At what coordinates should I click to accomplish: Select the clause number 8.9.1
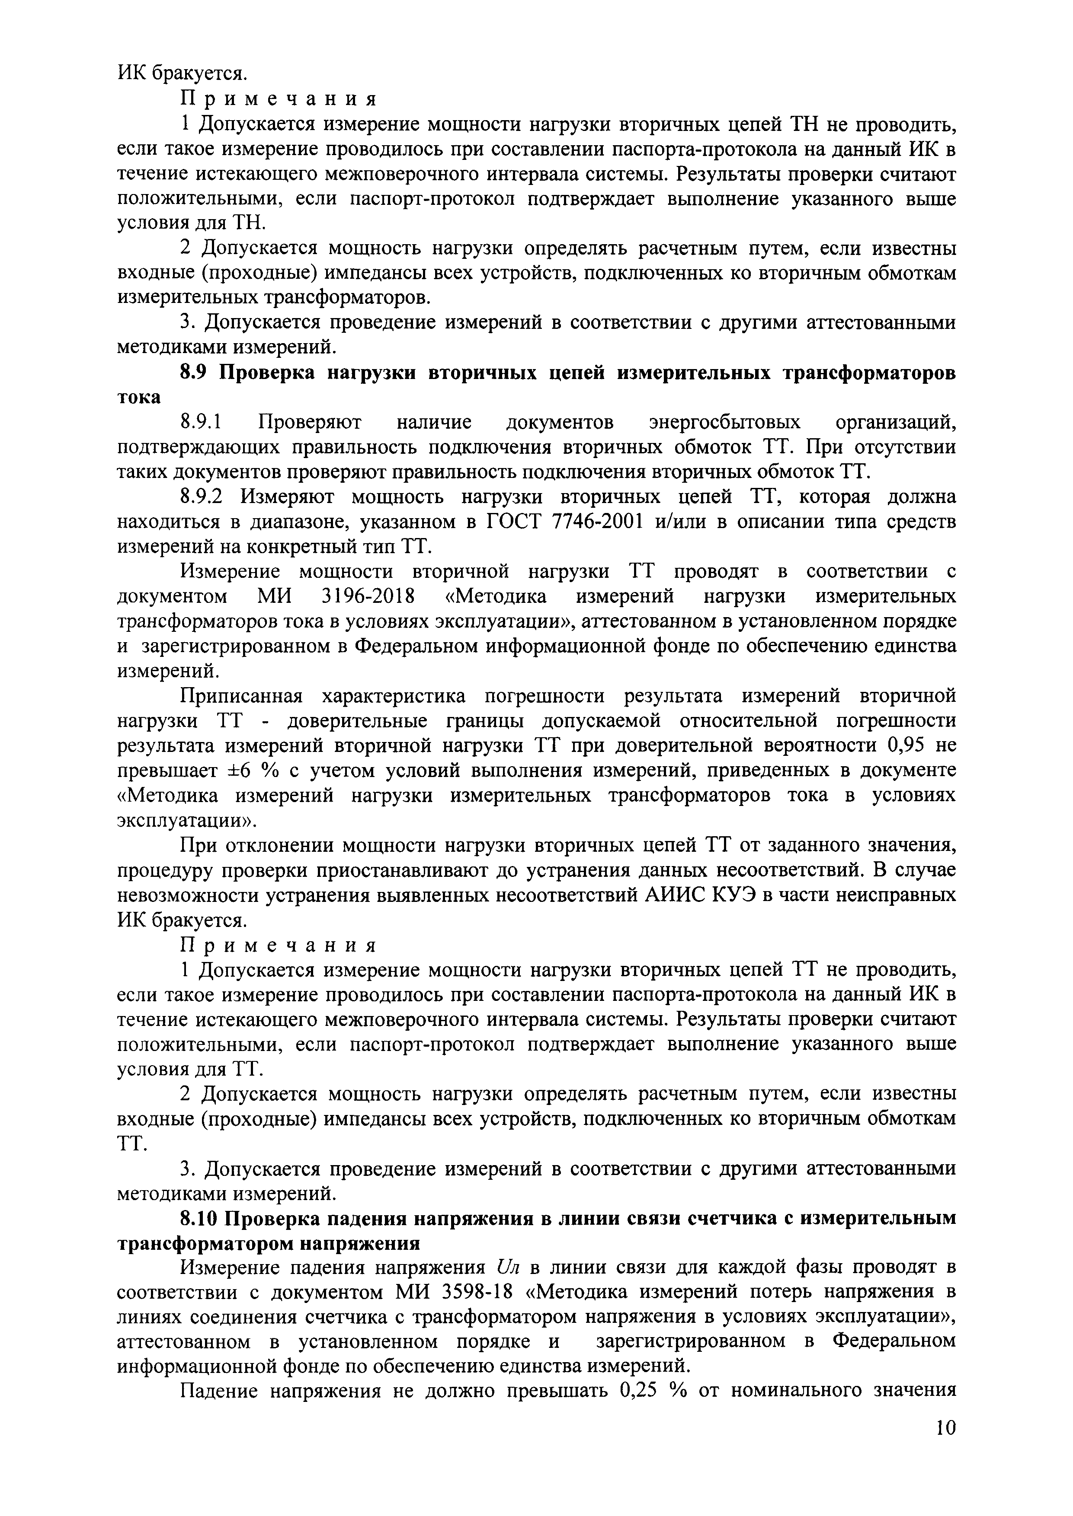(204, 422)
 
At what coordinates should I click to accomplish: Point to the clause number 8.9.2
(204, 497)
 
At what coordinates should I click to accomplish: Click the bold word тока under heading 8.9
(139, 398)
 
